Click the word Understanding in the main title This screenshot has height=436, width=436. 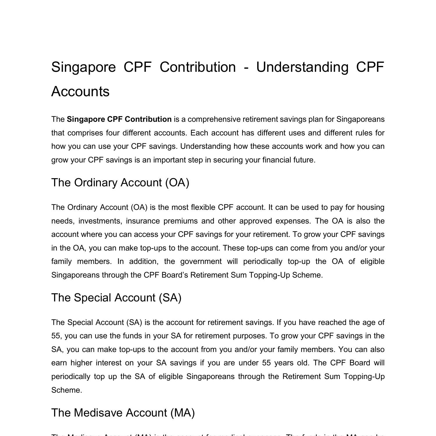(302, 67)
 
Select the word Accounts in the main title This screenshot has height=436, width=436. (80, 92)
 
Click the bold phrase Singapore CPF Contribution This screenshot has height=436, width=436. (119, 119)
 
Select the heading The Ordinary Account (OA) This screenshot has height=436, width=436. (120, 183)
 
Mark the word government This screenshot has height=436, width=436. (201, 261)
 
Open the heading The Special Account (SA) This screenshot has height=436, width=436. (116, 298)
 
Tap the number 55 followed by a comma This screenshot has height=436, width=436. (56, 336)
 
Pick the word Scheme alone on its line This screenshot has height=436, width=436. (67, 390)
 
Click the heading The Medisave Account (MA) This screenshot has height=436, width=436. (123, 413)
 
